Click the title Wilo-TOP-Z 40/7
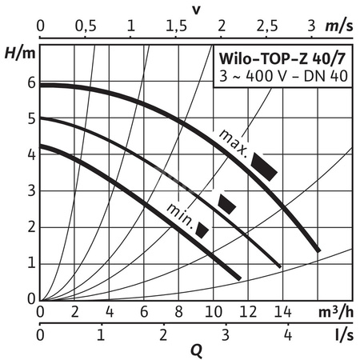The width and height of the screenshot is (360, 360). click(282, 59)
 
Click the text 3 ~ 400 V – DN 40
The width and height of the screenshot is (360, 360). click(282, 76)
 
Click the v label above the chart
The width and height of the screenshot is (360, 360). click(197, 9)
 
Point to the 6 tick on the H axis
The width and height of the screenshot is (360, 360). click(31, 83)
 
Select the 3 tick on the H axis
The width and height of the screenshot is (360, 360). click(31, 190)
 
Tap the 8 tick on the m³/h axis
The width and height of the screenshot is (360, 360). click(178, 311)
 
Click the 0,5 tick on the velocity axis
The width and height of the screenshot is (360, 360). click(85, 26)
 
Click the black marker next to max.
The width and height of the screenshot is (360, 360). click(265, 165)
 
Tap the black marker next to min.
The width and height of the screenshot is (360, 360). click(202, 230)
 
